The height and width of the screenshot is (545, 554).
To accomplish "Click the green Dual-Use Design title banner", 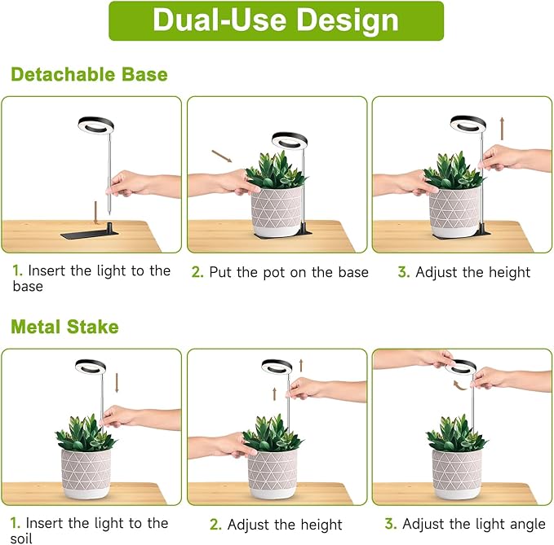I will tap(276, 21).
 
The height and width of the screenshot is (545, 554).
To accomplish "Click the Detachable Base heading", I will tap(89, 75).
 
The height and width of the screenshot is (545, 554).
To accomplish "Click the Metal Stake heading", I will tap(64, 327).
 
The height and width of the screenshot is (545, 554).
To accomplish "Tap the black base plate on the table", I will tap(91, 234).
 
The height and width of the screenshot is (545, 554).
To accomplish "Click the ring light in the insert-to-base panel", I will tap(95, 128).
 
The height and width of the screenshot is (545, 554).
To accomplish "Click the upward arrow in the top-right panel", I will tap(503, 128).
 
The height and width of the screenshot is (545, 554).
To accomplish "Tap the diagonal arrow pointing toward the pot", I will tap(221, 155).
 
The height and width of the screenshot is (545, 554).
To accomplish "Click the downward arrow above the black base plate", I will tap(97, 211).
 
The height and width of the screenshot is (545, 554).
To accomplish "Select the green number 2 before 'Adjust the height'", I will tap(215, 525).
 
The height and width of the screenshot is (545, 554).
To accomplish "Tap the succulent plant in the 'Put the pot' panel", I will tap(277, 172).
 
